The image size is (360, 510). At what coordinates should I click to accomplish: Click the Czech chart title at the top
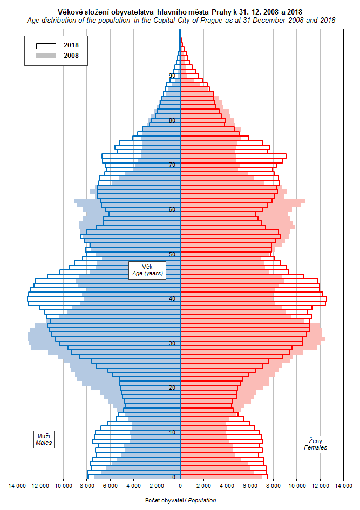point(180,11)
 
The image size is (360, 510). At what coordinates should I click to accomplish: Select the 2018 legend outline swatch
point(46,45)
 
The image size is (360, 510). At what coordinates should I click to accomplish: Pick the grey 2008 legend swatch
point(46,55)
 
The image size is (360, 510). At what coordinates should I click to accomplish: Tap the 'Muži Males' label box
point(44,439)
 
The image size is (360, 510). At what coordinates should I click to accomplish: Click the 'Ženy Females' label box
point(316,444)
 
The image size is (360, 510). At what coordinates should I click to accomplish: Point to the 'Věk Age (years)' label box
point(147,270)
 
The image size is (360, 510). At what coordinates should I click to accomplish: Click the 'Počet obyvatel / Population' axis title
point(180,500)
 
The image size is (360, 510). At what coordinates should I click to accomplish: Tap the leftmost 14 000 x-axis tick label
point(17,486)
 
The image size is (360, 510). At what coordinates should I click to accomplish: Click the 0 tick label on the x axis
point(180,486)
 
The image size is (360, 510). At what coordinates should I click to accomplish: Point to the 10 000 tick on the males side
point(64,486)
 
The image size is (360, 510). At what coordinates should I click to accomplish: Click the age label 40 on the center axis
point(172,298)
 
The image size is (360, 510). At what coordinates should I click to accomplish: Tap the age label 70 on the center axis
point(172,165)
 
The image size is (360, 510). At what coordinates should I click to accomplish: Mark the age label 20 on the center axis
point(172,387)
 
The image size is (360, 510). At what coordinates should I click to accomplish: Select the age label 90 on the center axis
point(172,76)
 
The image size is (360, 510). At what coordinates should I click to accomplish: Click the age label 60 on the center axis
point(172,209)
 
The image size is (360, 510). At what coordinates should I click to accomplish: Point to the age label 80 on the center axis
point(172,120)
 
